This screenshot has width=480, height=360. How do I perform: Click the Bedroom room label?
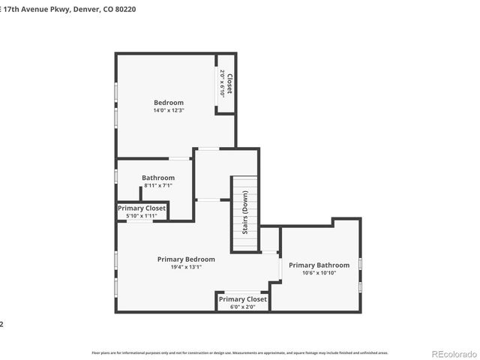click(169, 103)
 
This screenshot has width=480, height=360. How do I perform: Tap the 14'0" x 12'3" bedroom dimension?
click(169, 110)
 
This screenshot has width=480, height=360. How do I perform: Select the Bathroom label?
click(158, 178)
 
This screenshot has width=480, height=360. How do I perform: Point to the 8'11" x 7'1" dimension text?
click(157, 185)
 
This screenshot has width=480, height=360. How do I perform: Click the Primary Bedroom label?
click(186, 259)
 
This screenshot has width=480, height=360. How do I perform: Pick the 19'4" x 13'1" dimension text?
click(186, 267)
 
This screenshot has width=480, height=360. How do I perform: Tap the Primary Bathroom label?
click(319, 265)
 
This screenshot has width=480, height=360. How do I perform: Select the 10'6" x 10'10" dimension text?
click(319, 272)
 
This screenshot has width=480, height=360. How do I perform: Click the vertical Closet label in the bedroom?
click(229, 83)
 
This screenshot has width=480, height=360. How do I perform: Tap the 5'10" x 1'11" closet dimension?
click(142, 216)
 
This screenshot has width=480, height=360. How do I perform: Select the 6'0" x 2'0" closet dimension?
click(242, 307)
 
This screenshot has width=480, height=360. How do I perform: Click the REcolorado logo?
click(452, 353)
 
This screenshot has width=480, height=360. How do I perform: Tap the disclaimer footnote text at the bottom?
click(240, 352)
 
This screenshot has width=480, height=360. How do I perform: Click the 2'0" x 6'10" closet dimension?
click(222, 83)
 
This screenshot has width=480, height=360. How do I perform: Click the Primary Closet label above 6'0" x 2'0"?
click(242, 299)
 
